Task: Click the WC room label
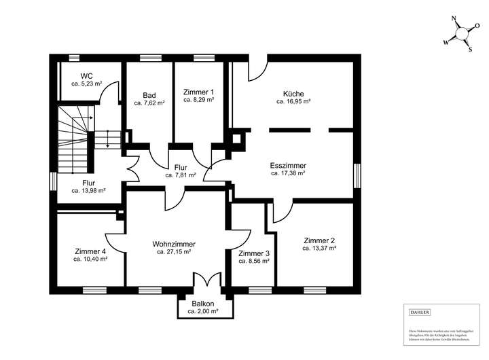coord(86,75)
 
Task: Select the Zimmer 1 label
coord(198,92)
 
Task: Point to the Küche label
coord(293,94)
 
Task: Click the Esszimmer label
coord(288,165)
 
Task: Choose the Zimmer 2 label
coord(319,240)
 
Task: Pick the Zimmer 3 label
coord(254,253)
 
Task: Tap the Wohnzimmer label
coord(174,243)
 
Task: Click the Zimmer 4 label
coord(90,251)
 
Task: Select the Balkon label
coord(203,304)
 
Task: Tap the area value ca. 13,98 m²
coord(88,191)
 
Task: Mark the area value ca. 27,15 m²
coord(174,251)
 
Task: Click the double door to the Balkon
coord(206,281)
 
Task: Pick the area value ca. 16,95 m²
coord(293,102)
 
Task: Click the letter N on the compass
coord(454,20)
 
